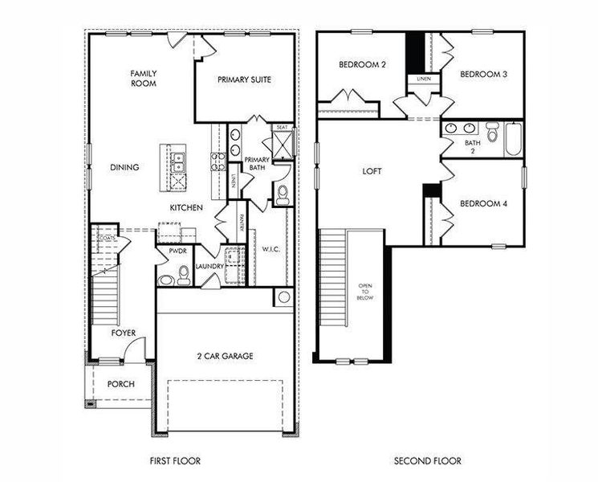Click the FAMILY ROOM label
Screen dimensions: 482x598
144,78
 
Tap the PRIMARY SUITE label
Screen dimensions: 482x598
244,80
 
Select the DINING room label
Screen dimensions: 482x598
124,168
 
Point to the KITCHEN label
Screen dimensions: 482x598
185,208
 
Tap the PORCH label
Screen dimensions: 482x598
121,384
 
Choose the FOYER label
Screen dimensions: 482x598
124,333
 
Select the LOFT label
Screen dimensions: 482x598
372,171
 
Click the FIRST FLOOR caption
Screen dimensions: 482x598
175,461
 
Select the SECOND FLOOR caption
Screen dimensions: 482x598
427,461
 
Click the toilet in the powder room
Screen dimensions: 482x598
184,276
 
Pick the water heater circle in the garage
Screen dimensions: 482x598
283,297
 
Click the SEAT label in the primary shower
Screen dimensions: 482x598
282,128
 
